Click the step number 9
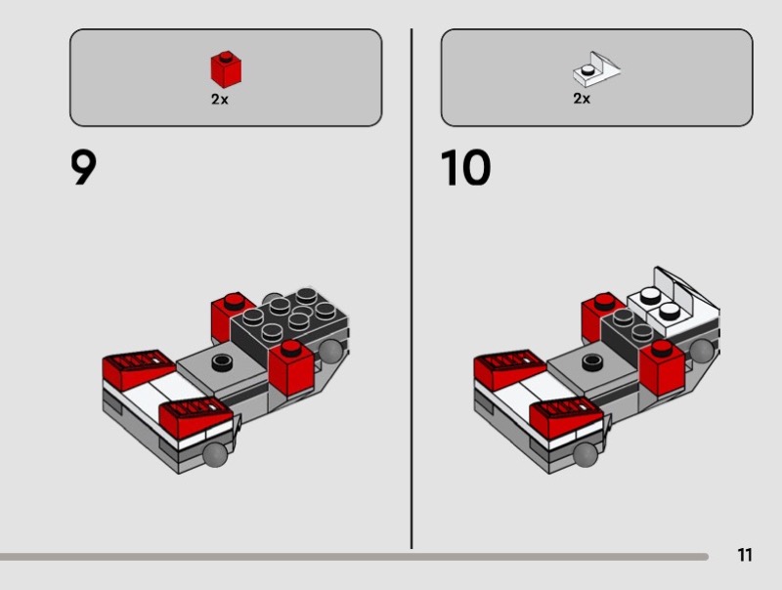(83, 168)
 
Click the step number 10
(465, 168)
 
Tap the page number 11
(745, 555)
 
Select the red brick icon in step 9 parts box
(226, 69)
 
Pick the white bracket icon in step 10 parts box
(596, 69)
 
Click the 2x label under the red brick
(219, 100)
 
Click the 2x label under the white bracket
(582, 98)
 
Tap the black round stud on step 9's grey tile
(222, 361)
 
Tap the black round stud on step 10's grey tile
(592, 361)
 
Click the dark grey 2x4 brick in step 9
(289, 323)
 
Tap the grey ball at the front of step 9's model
(216, 455)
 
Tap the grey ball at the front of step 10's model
(586, 455)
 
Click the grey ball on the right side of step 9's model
(331, 351)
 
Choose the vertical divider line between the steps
(412, 289)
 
